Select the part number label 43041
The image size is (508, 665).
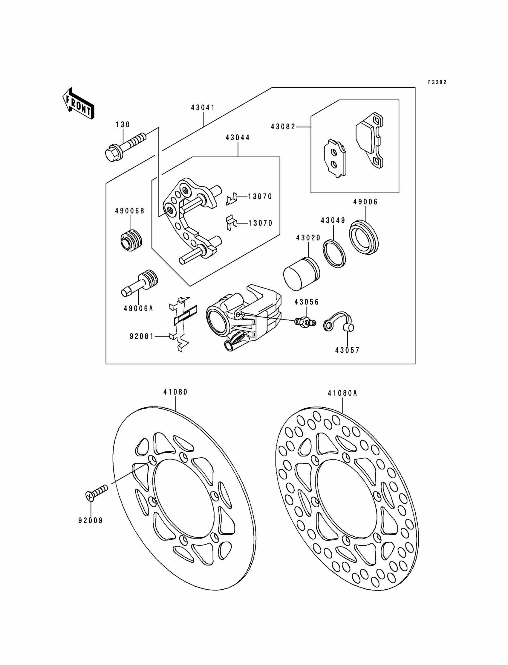(203, 108)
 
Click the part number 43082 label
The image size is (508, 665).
(283, 127)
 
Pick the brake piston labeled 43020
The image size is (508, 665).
(301, 274)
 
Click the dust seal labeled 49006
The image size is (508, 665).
(364, 237)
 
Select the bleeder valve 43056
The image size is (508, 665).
(305, 322)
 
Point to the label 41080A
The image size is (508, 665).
(342, 393)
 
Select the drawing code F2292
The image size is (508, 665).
(437, 82)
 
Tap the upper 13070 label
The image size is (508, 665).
(260, 197)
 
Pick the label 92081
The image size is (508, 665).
(142, 336)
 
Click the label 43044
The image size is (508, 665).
(238, 138)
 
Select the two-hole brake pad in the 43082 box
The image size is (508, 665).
(335, 158)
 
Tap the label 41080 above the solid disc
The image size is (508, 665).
(175, 392)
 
